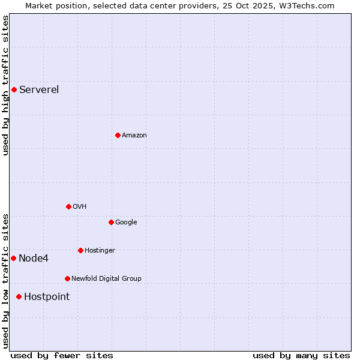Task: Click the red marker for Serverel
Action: [14, 90]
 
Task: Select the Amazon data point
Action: [118, 135]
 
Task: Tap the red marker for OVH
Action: [68, 206]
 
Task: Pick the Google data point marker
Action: [111, 222]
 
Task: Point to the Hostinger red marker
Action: [80, 250]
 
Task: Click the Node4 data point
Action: [13, 258]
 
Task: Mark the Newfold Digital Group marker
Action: [67, 278]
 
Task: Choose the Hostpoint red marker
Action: [19, 296]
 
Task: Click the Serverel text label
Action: [39, 90]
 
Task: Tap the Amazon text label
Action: [134, 136]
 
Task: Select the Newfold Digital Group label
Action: [106, 278]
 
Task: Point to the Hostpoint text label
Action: [47, 296]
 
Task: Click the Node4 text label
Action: [34, 259]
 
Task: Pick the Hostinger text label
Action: [100, 250]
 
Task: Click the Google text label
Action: [126, 222]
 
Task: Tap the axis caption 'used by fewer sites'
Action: [62, 355]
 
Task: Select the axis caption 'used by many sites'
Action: [301, 355]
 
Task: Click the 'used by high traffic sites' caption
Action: [5, 85]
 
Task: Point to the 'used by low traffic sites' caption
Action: [5, 280]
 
